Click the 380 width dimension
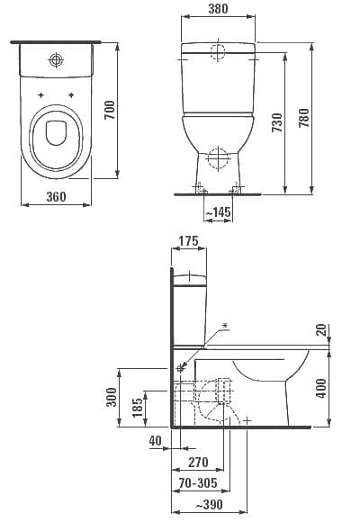[x=217, y=9]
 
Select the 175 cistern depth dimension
[x=187, y=242]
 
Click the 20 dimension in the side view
[x=321, y=331]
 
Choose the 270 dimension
[x=199, y=463]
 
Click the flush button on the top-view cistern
[x=57, y=60]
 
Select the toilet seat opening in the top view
[x=57, y=134]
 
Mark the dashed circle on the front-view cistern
[x=217, y=50]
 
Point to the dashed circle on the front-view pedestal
[x=217, y=158]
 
